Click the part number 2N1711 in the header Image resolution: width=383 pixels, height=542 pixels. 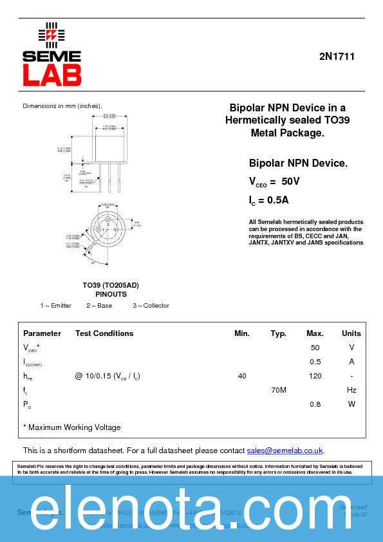(x=337, y=57)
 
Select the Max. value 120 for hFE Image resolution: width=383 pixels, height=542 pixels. (x=315, y=376)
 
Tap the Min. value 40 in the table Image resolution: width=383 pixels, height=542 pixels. (x=242, y=376)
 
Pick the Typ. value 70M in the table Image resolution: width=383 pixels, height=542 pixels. (x=279, y=390)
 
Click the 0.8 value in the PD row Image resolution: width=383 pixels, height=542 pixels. (x=315, y=404)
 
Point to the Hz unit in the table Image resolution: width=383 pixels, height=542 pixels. (x=351, y=390)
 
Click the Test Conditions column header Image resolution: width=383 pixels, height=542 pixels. (x=104, y=333)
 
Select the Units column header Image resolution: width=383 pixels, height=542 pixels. (x=351, y=333)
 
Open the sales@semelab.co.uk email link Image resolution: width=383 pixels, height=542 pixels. (x=285, y=451)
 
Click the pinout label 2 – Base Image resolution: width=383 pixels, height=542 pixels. (x=99, y=305)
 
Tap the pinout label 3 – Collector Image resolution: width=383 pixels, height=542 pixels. (x=151, y=305)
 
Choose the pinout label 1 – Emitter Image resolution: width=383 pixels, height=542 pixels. (x=56, y=305)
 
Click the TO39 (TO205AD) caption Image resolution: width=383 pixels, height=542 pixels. (x=111, y=285)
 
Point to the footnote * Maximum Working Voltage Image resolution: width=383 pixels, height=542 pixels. (x=71, y=427)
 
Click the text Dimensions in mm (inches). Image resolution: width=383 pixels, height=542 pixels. (x=62, y=106)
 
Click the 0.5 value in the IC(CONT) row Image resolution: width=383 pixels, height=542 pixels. (x=315, y=362)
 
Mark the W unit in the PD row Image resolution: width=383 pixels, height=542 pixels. (x=351, y=404)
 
